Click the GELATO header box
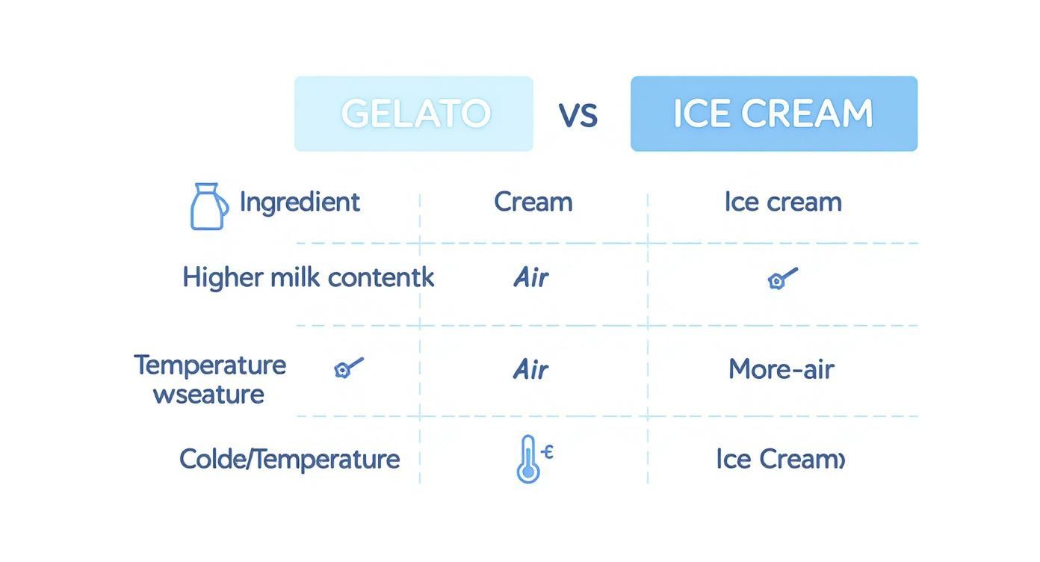click(x=413, y=114)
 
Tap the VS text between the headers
click(x=578, y=115)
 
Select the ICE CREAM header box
click(x=773, y=114)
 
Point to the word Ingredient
click(x=300, y=202)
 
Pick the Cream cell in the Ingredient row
click(x=533, y=202)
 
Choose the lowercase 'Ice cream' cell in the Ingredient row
click(x=782, y=202)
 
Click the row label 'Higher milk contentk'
click(x=308, y=278)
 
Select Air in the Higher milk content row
click(x=531, y=278)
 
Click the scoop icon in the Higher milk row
click(x=781, y=279)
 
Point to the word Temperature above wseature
click(x=210, y=365)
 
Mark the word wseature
click(x=208, y=394)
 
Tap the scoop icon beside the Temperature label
click(x=348, y=367)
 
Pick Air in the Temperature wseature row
click(x=531, y=369)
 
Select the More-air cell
click(x=781, y=369)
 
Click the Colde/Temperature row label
click(x=289, y=459)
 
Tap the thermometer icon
click(x=527, y=459)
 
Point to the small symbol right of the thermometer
click(x=548, y=451)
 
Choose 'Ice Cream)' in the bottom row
click(x=780, y=459)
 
